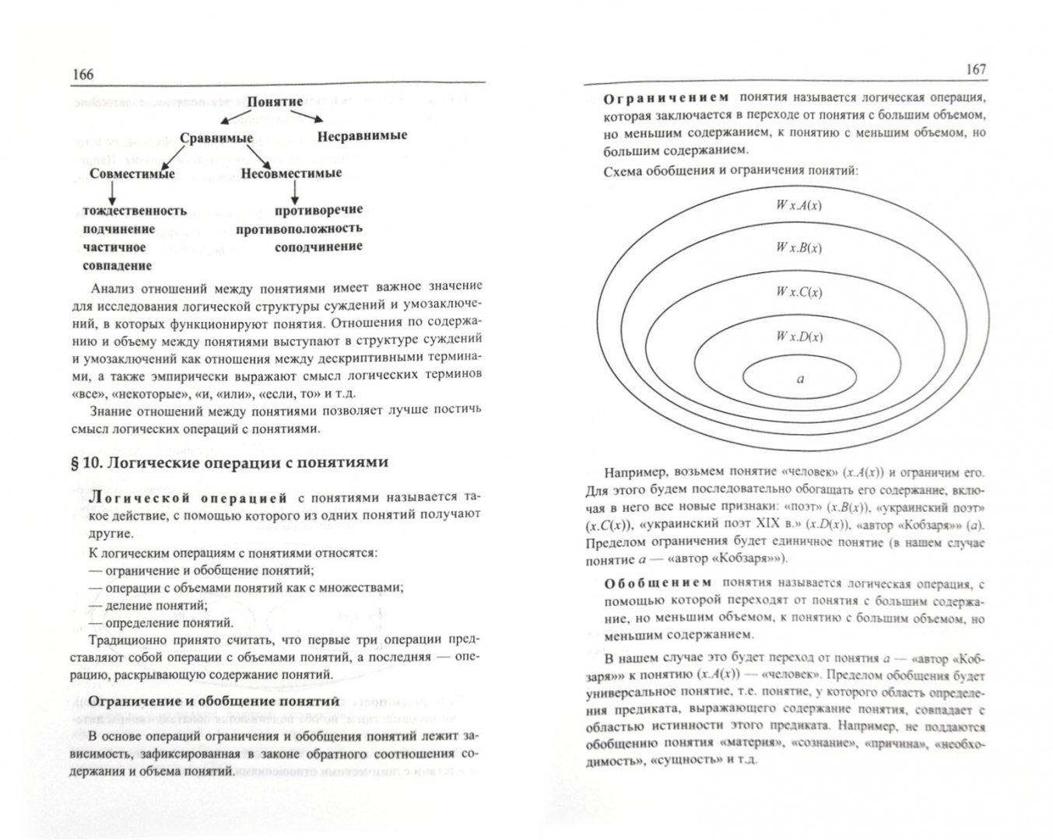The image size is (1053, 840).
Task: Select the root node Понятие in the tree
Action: pos(275,102)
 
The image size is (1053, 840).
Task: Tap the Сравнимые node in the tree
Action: pos(216,138)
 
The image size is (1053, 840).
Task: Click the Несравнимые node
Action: pos(362,135)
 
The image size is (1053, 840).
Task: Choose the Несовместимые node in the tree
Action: pos(291,173)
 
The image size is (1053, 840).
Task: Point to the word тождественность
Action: pos(135,211)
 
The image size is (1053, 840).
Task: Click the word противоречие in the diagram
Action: pos(318,210)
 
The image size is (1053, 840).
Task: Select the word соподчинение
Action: pos(318,247)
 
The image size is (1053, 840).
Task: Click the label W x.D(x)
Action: pos(799,337)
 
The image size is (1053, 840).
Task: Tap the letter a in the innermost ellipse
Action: pos(800,379)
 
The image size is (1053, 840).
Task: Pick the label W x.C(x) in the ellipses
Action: pos(799,292)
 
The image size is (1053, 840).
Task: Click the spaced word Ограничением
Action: pos(666,98)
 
